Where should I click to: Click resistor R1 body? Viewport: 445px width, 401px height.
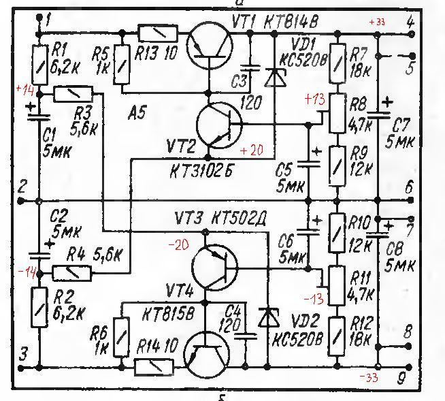tap(39, 62)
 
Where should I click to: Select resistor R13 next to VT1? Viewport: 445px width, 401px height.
tap(158, 33)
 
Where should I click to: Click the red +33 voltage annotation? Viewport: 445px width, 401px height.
tap(376, 22)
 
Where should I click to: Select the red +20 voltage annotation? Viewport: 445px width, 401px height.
tap(250, 150)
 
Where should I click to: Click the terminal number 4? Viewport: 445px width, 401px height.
tap(410, 22)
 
